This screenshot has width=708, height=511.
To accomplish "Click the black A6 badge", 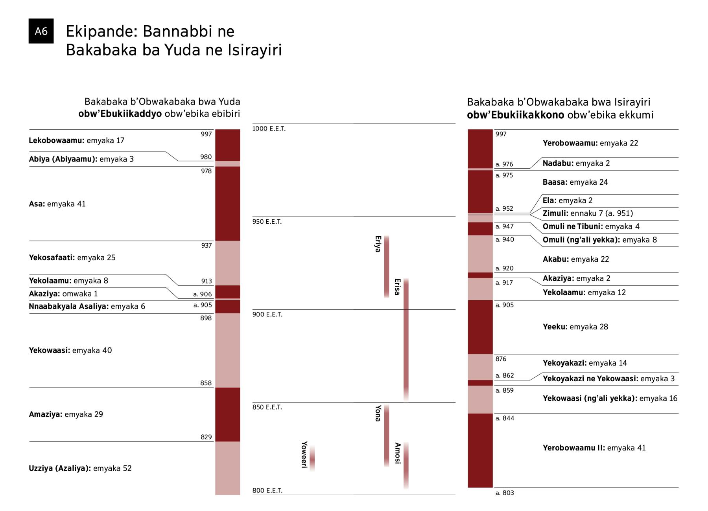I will (41, 31).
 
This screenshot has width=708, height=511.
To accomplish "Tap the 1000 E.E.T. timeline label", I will (269, 129).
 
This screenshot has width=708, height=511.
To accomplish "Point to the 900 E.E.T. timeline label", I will (267, 314).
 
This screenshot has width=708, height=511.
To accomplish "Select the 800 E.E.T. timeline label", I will (267, 491).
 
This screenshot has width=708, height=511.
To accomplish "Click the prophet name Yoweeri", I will (304, 454).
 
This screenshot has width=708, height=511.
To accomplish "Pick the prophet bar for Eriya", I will (387, 267).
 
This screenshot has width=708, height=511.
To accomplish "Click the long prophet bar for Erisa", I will (406, 340).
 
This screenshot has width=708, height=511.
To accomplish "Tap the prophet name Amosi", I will (398, 453).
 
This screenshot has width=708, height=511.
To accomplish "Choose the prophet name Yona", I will (378, 413).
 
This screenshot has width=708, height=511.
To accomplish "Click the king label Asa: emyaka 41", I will (57, 204).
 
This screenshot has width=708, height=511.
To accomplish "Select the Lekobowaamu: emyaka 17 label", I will (77, 141).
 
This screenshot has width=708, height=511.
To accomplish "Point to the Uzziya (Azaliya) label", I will (80, 468).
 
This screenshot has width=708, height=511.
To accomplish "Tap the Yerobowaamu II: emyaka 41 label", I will (594, 448).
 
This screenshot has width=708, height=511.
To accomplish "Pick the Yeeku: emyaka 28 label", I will (575, 327).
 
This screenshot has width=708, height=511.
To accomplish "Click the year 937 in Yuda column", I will (206, 246).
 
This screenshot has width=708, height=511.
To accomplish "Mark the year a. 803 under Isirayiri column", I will (505, 493).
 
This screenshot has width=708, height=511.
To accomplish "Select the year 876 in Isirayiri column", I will (501, 359).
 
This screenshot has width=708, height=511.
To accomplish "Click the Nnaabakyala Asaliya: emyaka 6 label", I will (87, 307).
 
